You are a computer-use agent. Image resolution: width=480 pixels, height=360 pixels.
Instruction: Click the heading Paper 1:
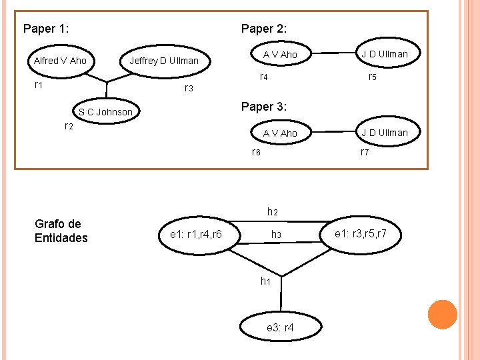point(47,29)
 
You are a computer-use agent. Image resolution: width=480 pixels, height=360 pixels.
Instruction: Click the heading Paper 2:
point(264,29)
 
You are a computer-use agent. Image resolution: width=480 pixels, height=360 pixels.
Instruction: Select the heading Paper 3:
point(264,107)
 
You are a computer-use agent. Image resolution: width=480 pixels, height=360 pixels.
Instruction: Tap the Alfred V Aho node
point(60,61)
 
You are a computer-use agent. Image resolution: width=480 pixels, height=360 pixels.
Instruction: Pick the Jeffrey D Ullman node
point(164,61)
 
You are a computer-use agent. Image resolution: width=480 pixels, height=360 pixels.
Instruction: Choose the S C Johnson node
point(105,111)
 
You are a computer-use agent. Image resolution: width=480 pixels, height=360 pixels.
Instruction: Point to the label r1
point(39,85)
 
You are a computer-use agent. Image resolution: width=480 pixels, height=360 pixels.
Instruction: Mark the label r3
point(188,89)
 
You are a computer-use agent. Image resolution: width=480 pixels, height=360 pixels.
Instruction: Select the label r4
point(263,77)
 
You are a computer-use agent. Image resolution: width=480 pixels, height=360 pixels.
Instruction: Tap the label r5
point(373,77)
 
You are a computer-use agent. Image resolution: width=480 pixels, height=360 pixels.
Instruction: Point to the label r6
point(255,152)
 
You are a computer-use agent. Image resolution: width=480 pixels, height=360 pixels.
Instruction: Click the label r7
point(365,152)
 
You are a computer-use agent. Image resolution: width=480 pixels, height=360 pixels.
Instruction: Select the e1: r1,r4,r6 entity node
point(196,234)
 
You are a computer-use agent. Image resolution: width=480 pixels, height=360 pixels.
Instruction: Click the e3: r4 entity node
point(280,328)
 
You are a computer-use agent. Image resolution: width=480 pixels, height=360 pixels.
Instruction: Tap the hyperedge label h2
point(272,212)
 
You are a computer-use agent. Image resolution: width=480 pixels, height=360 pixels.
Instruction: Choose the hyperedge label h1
point(265,281)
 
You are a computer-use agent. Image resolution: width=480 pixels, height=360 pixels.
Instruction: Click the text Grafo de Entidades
point(61,231)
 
